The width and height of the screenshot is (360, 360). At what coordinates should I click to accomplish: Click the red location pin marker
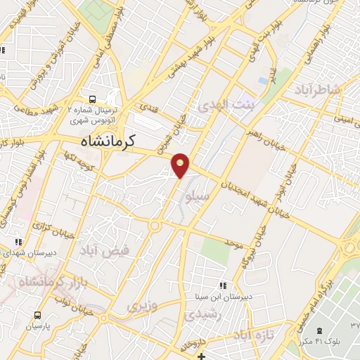(x=181, y=165)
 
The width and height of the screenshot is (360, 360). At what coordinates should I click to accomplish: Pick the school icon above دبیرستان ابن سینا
(x=223, y=285)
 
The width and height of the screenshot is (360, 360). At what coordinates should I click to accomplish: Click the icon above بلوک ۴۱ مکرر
(x=320, y=330)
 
